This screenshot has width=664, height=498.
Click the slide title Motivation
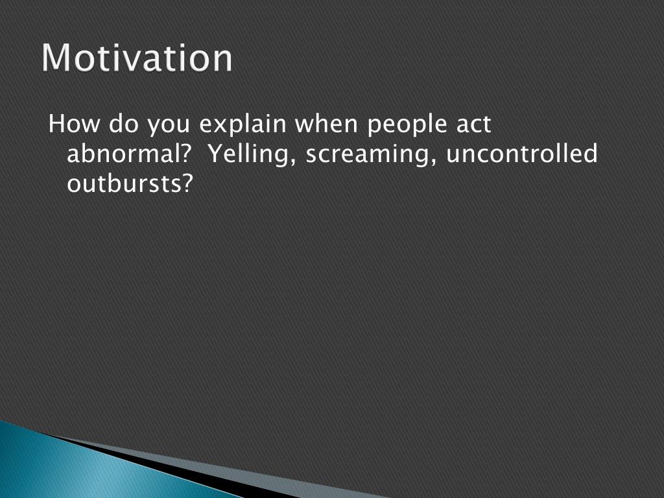[137, 57]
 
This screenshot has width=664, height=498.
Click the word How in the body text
[74, 124]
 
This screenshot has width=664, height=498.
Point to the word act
[473, 124]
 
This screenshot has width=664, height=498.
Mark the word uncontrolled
[522, 153]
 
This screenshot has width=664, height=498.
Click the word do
[123, 124]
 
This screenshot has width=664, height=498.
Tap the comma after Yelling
[291, 161]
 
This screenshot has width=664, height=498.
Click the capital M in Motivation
[56, 57]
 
